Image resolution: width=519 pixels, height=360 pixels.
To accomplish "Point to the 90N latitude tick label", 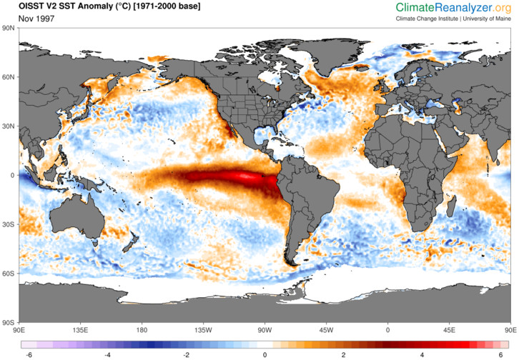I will (8, 28).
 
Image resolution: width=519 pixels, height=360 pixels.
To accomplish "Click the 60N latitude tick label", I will (8, 77).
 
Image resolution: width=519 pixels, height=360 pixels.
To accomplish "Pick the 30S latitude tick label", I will (8, 224).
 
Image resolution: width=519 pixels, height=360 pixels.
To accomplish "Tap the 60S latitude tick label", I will (8, 274).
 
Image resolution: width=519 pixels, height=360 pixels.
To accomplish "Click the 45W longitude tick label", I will (326, 330).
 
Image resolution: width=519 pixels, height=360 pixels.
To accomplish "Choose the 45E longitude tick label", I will (449, 330).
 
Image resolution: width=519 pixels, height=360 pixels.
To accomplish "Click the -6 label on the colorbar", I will (29, 354).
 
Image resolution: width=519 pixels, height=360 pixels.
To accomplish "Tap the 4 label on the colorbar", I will (422, 354).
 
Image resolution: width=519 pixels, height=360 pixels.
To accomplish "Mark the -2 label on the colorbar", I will (186, 354).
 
